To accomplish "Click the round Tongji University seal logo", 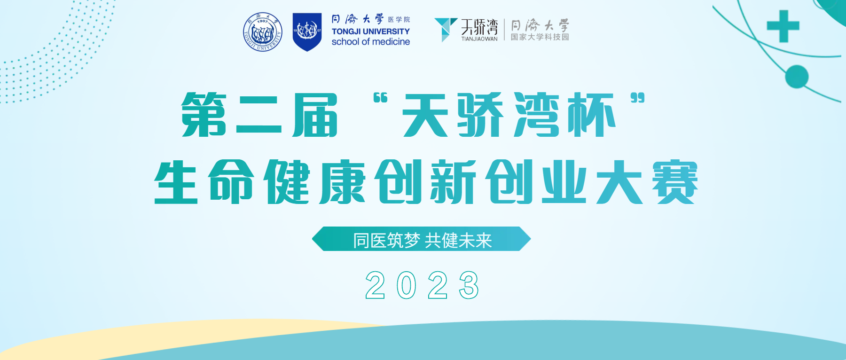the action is pos(263,32).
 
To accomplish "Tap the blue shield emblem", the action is pos(307,32).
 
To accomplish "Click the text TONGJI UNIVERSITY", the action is pos(370,31).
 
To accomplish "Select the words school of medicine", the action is pos(370,42).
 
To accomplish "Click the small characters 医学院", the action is pos(399,20).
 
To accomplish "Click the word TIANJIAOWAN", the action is pos(479,39).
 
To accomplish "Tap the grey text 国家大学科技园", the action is pos(540,37).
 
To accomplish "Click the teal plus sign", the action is pos(783,26).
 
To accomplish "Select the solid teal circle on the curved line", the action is pos(797,77).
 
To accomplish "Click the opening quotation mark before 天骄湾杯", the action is pos(380,98).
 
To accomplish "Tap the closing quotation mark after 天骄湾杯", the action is pos(637,98).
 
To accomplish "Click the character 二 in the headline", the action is pos(259,115).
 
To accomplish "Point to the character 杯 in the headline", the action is pos(591,115).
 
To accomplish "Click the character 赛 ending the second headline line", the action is pos(674,182).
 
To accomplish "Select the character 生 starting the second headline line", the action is pos(176,182).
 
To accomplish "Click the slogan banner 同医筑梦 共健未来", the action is pos(422,239).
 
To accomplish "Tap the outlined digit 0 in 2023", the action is pos(407,285).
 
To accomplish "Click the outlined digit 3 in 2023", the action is pos(469,285).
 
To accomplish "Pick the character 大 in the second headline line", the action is pos(619,182).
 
